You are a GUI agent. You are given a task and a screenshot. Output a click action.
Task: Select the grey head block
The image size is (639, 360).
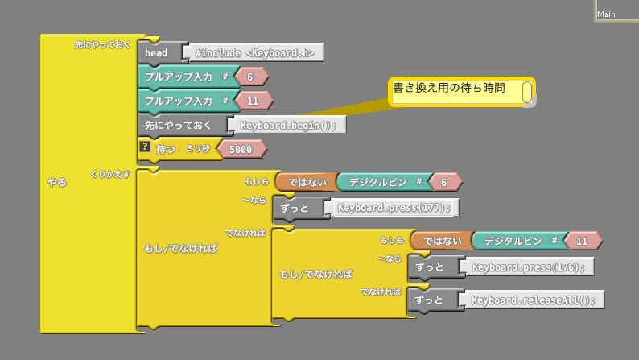[x=158, y=53]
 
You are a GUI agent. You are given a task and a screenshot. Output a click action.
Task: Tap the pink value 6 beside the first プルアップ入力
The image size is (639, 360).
[x=250, y=77]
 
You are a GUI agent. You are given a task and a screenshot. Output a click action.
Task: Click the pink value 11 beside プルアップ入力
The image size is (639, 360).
[x=253, y=101]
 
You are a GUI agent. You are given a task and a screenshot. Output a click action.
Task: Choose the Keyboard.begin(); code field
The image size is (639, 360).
[x=287, y=125]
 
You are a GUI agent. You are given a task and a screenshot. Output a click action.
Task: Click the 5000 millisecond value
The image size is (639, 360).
[x=241, y=149]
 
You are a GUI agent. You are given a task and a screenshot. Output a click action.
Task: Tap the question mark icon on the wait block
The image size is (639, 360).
[x=145, y=147]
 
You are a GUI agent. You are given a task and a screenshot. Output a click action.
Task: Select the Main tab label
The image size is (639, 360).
[x=607, y=14]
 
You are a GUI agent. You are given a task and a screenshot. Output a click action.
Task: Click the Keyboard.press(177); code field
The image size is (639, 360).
[x=394, y=208]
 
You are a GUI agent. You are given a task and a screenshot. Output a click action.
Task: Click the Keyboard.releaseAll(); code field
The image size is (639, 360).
[x=534, y=300]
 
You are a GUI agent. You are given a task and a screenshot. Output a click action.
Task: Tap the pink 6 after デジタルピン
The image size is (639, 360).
[x=443, y=183]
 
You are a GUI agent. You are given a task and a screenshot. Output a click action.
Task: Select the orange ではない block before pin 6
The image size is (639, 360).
[x=307, y=183]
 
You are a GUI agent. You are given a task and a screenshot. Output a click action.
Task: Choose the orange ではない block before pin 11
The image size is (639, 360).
[x=443, y=241]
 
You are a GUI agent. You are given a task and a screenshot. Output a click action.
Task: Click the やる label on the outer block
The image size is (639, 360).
[x=57, y=183]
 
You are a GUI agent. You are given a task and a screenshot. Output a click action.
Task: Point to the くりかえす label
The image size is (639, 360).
[x=111, y=174]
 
